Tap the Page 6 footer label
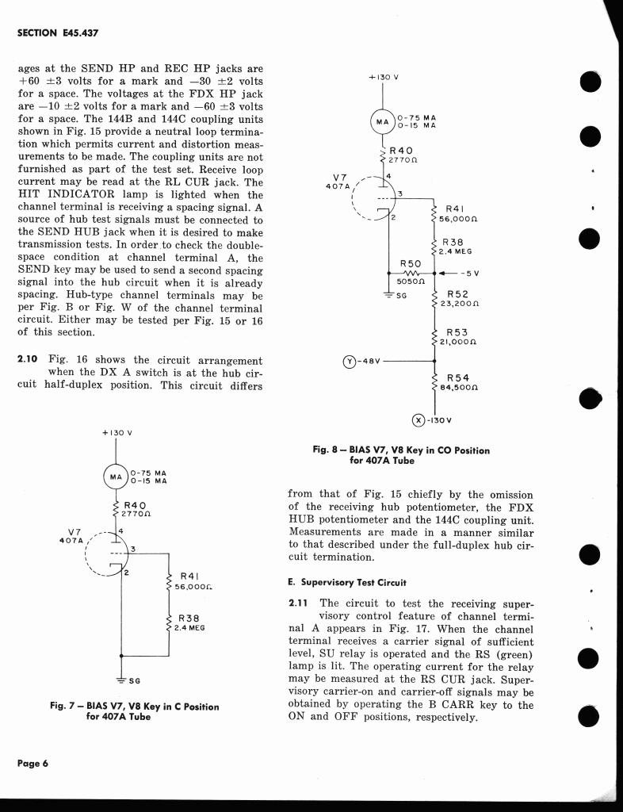click(x=33, y=763)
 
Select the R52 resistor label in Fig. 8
click(x=458, y=293)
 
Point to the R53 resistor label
click(x=457, y=333)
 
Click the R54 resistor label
click(x=457, y=378)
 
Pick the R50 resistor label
click(x=411, y=262)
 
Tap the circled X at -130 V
click(x=419, y=420)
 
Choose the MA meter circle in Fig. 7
click(x=117, y=477)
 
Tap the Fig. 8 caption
click(x=401, y=454)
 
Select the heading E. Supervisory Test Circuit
click(x=348, y=582)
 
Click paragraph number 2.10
click(x=29, y=360)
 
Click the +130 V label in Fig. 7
click(x=117, y=433)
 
